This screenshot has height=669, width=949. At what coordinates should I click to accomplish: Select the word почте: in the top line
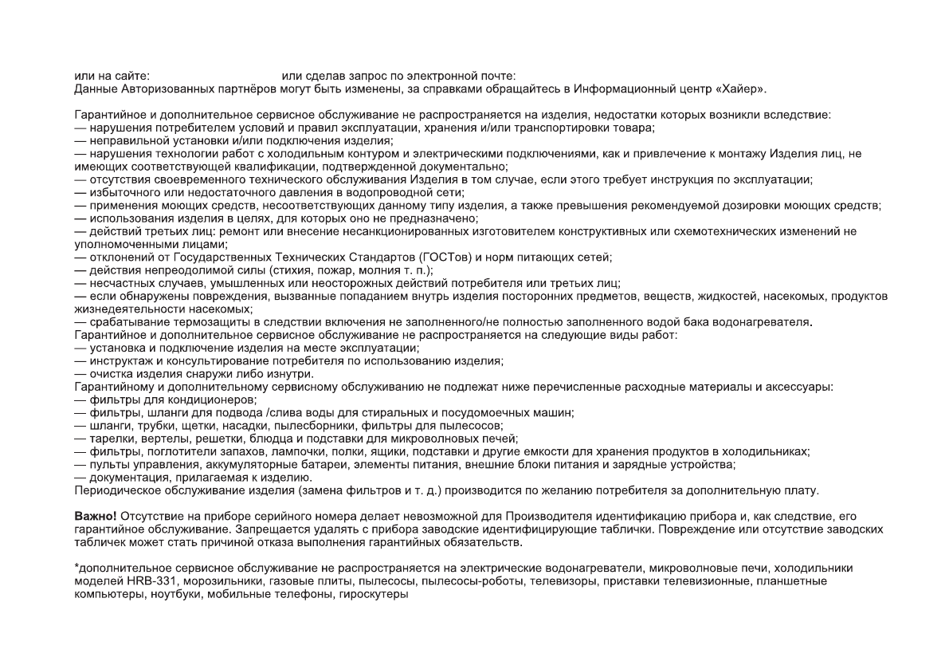coord(499,76)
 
